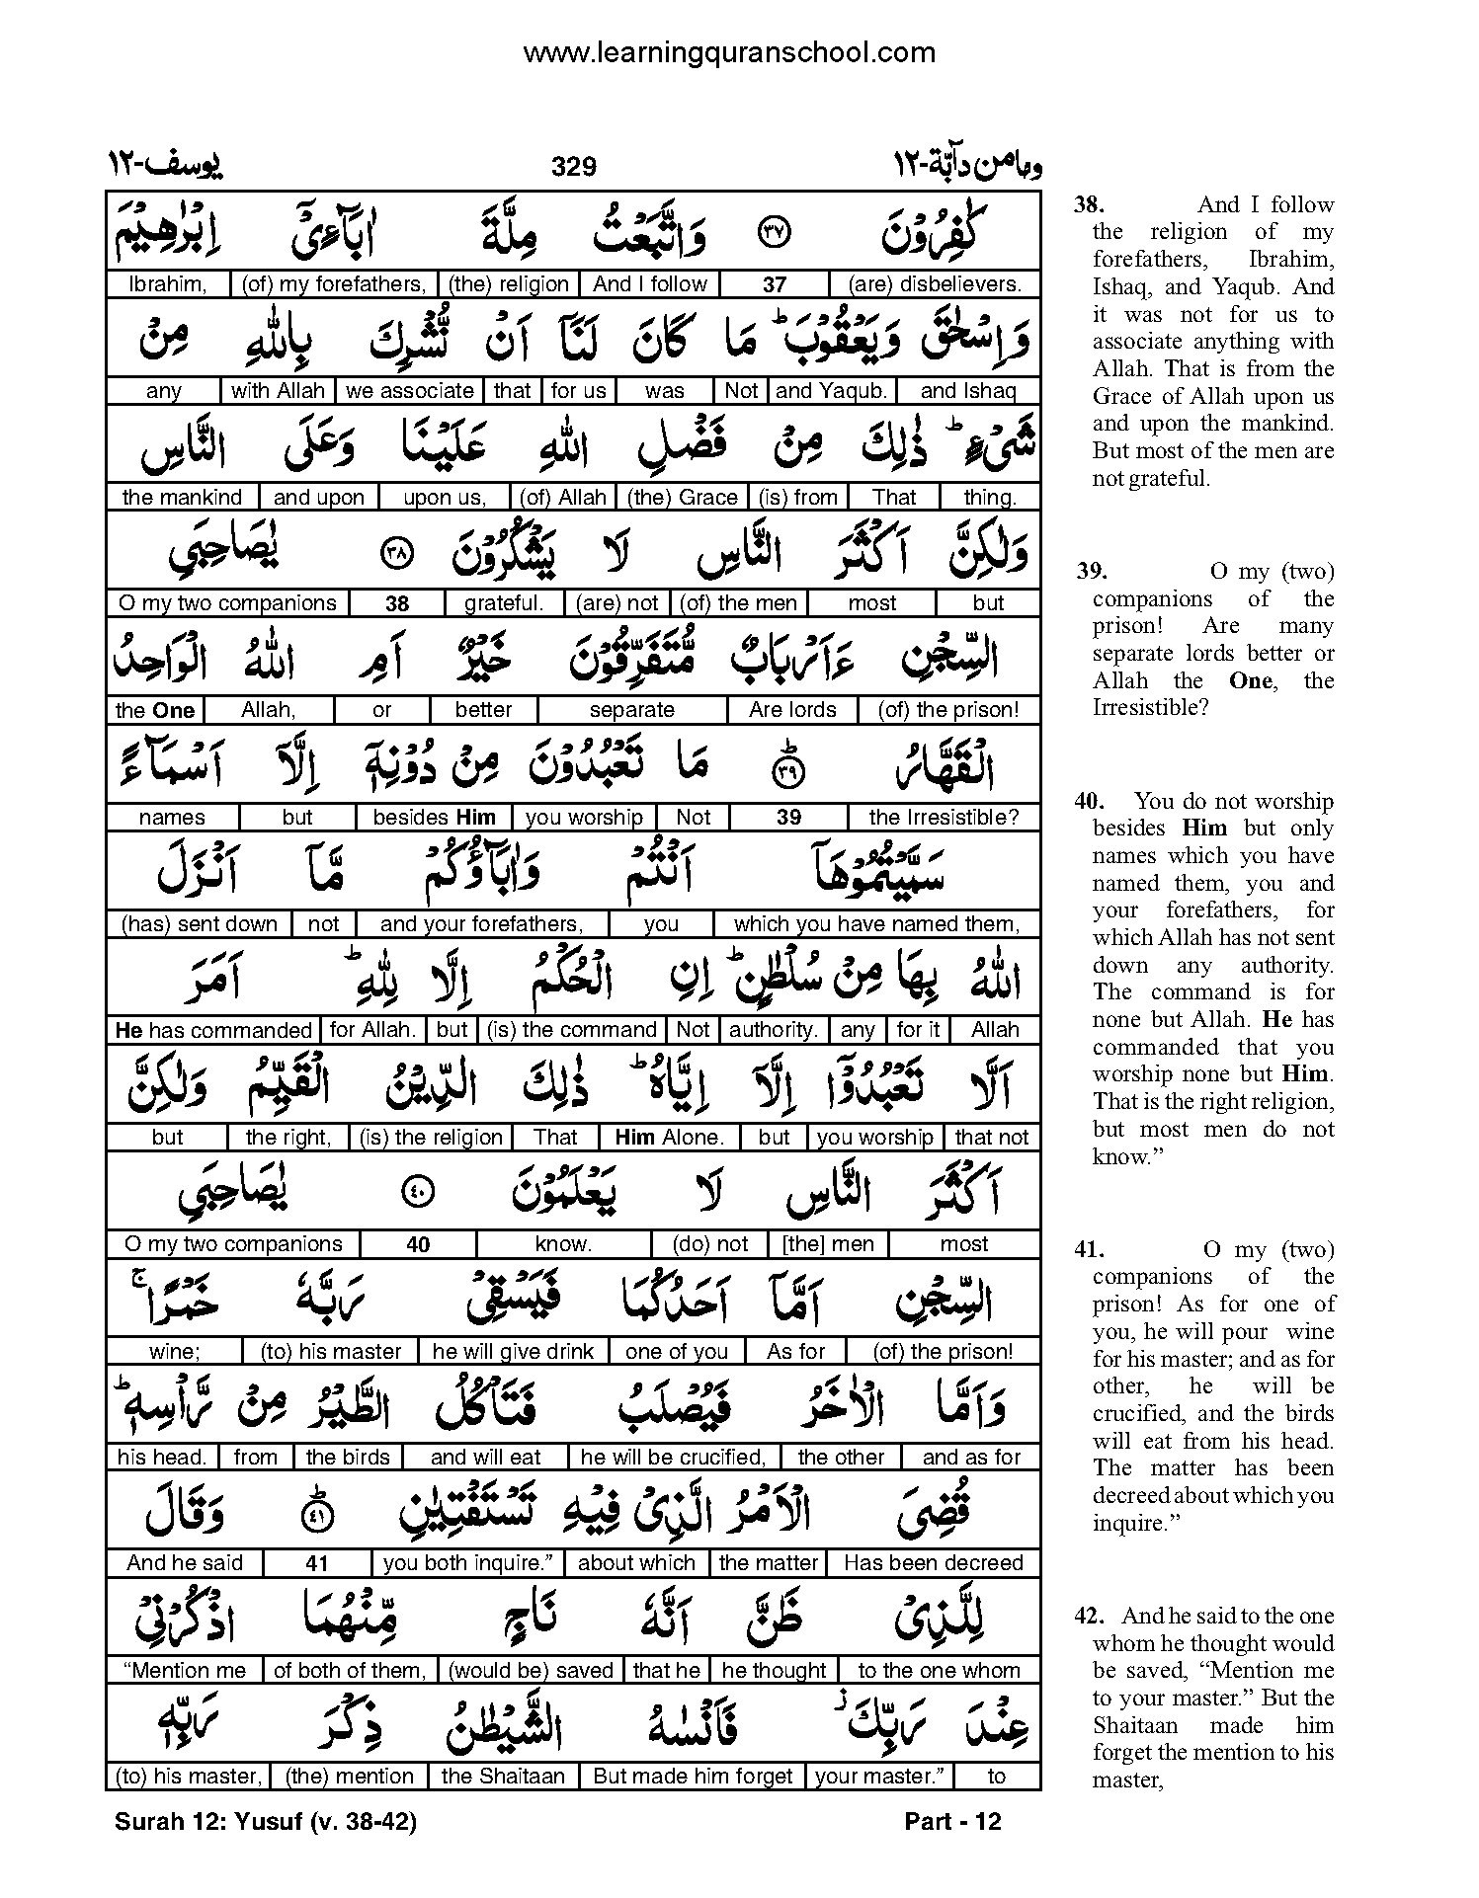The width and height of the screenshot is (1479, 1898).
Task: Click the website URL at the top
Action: [x=728, y=51]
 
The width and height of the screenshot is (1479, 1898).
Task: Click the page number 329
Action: [x=574, y=167]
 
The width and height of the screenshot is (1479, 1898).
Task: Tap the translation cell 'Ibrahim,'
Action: [x=168, y=284]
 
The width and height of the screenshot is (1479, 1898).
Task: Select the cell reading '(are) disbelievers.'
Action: [x=935, y=284]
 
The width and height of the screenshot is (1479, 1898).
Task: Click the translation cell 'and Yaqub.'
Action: [x=831, y=391]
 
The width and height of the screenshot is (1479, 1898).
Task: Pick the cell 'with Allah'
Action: [x=278, y=391]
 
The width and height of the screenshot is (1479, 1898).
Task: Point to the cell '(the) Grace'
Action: [x=683, y=498]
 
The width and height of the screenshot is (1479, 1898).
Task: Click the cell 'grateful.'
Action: [x=504, y=603]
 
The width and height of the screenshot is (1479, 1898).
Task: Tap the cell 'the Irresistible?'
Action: [x=943, y=818]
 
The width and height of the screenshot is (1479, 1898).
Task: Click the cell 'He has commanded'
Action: [x=213, y=1030]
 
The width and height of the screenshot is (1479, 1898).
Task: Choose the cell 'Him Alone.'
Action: [x=669, y=1138]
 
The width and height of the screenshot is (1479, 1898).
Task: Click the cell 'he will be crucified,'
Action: [x=673, y=1457]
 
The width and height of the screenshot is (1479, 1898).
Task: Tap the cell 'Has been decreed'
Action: [x=934, y=1563]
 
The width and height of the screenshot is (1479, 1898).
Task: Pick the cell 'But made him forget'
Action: [x=693, y=1776]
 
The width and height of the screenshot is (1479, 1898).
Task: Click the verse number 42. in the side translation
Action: [x=1090, y=1617]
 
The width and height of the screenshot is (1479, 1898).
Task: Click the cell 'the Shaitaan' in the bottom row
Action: [x=503, y=1776]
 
